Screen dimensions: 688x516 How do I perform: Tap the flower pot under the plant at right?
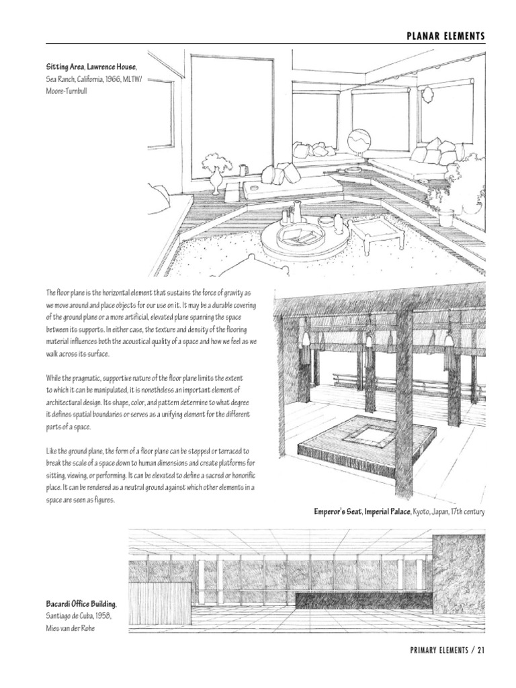(445, 216)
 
